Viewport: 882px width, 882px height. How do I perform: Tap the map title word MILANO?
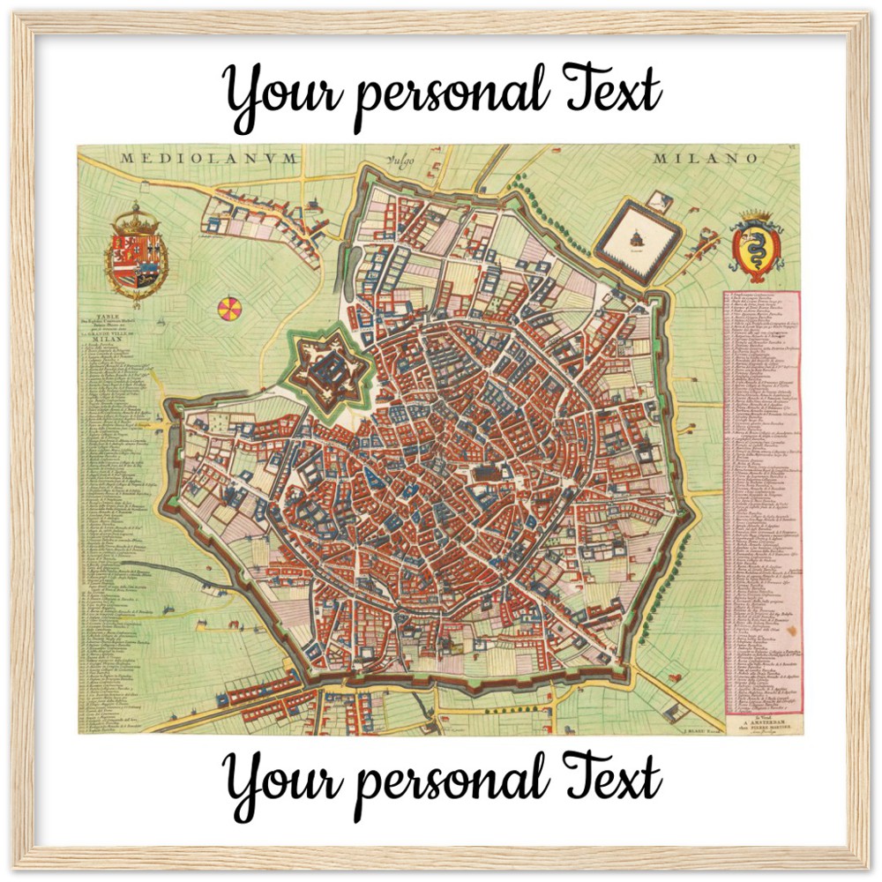(x=706, y=159)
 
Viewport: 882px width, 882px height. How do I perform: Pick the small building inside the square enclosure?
(x=637, y=235)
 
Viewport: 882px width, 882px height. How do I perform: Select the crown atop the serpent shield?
(x=754, y=218)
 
